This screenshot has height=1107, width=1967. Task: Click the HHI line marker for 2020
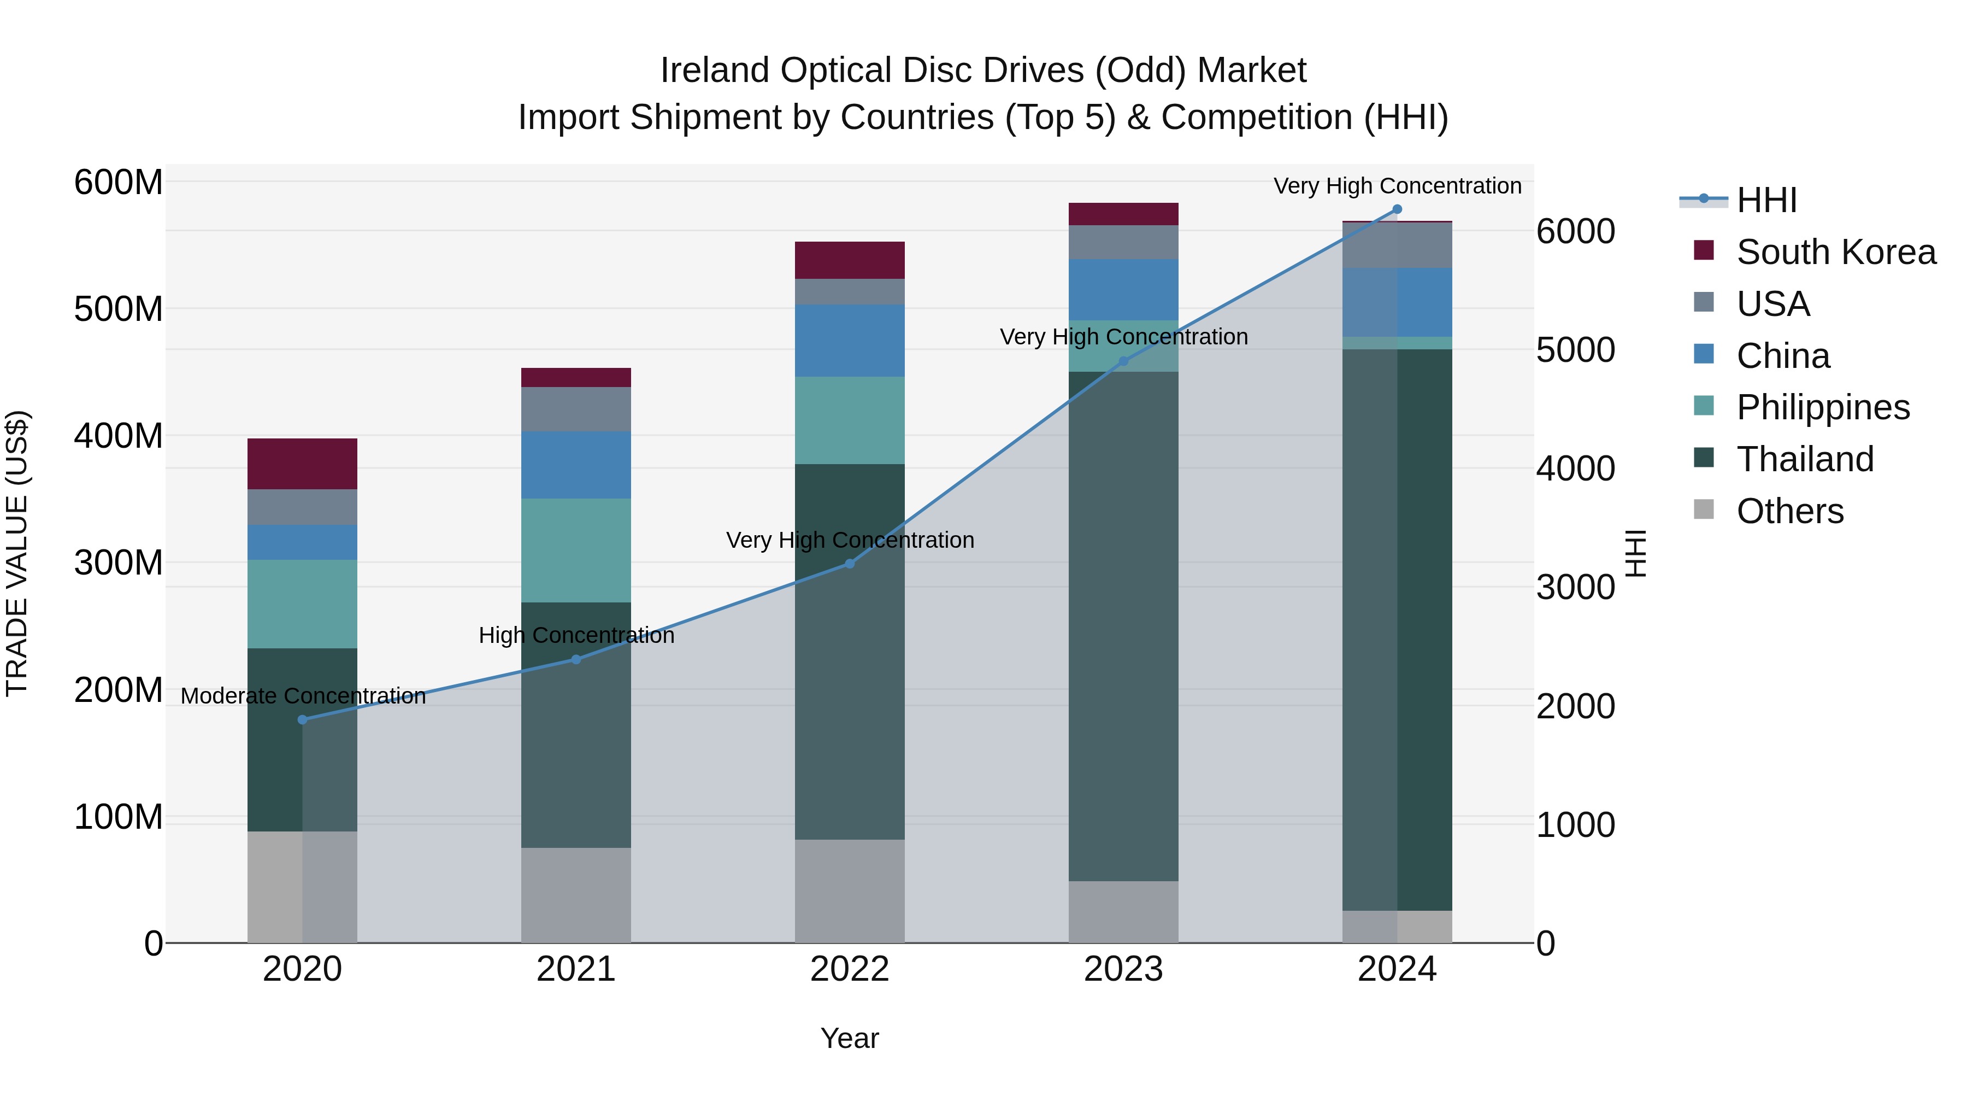(302, 719)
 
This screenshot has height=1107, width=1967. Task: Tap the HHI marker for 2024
(1397, 209)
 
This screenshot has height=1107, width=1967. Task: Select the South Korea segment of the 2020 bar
(302, 464)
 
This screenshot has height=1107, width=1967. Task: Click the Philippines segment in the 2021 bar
(576, 550)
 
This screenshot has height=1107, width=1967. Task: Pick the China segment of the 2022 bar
(849, 341)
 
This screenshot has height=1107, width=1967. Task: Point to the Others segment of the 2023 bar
(1123, 911)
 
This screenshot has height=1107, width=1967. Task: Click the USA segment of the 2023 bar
(1123, 242)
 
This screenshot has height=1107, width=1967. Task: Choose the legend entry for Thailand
(1804, 459)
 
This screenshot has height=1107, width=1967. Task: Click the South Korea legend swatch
(1704, 250)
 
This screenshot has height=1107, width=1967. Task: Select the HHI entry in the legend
(1766, 200)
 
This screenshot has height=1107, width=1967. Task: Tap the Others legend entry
(1789, 511)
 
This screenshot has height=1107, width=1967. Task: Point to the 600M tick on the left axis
(119, 183)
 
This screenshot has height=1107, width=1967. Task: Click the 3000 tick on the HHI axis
(1575, 588)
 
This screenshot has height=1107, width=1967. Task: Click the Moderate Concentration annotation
(303, 696)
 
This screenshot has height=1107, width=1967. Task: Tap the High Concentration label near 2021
(576, 636)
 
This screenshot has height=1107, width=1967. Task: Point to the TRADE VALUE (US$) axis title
(17, 553)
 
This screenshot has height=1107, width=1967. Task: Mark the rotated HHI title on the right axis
(1635, 553)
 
